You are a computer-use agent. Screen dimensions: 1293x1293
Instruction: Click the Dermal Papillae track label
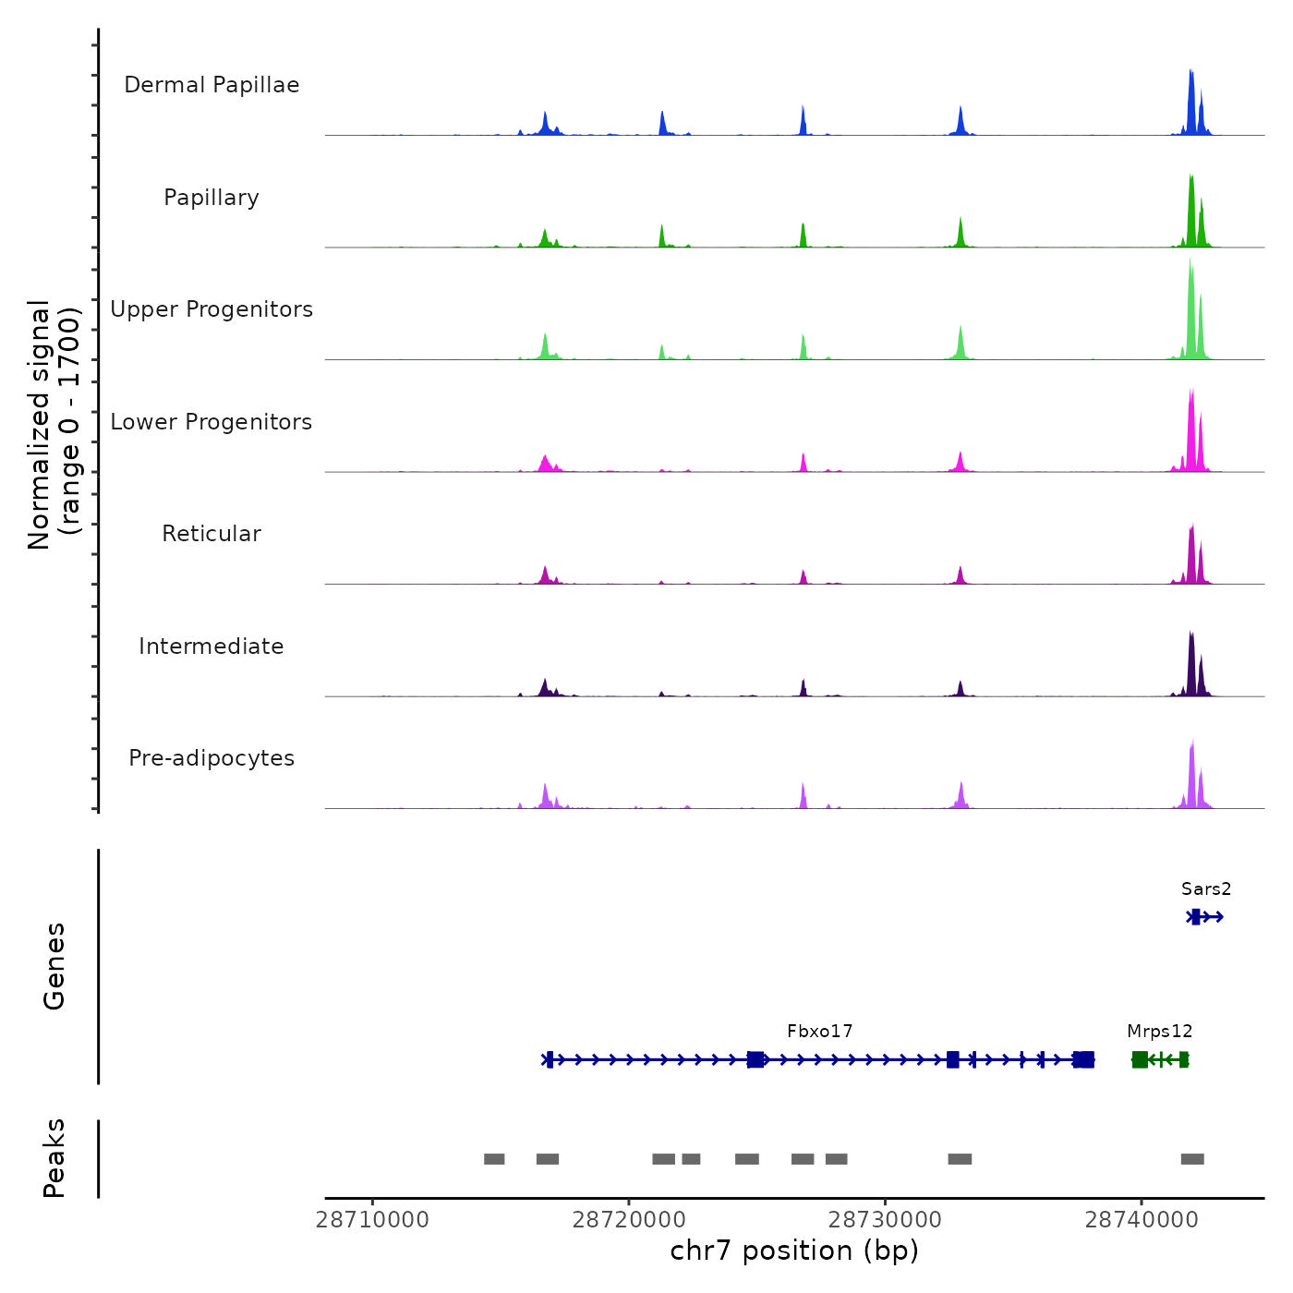[211, 85]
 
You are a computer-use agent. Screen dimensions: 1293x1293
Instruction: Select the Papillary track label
[211, 198]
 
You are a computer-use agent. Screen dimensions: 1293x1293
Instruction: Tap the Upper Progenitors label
[211, 309]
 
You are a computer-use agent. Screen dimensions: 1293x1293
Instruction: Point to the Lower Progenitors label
[211, 422]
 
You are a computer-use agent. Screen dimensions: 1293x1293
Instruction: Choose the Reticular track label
[211, 534]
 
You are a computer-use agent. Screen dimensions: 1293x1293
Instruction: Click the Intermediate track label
[211, 646]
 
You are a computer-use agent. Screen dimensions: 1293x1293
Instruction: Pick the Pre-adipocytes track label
[211, 758]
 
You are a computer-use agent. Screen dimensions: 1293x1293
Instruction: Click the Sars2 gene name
[1206, 889]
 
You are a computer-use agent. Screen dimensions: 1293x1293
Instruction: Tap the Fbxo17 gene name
[820, 1032]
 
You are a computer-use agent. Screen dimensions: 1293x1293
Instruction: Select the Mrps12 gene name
[1160, 1032]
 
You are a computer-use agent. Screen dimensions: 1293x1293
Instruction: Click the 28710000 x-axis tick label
[372, 1220]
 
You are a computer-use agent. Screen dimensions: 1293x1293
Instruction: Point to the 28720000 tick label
[629, 1220]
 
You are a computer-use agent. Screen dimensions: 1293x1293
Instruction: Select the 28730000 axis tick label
[885, 1220]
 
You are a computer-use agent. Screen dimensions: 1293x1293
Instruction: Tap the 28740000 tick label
[1142, 1220]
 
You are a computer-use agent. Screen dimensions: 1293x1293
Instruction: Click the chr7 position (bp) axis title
[794, 1251]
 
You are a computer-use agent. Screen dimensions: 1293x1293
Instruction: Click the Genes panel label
[54, 966]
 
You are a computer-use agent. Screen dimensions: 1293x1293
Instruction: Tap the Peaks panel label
[54, 1158]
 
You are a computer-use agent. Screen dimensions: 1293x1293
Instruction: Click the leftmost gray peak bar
[494, 1159]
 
